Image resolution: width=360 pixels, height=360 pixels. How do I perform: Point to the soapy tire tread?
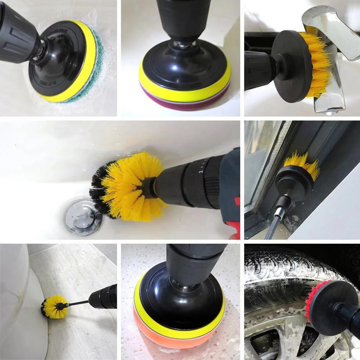click(281, 274)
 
